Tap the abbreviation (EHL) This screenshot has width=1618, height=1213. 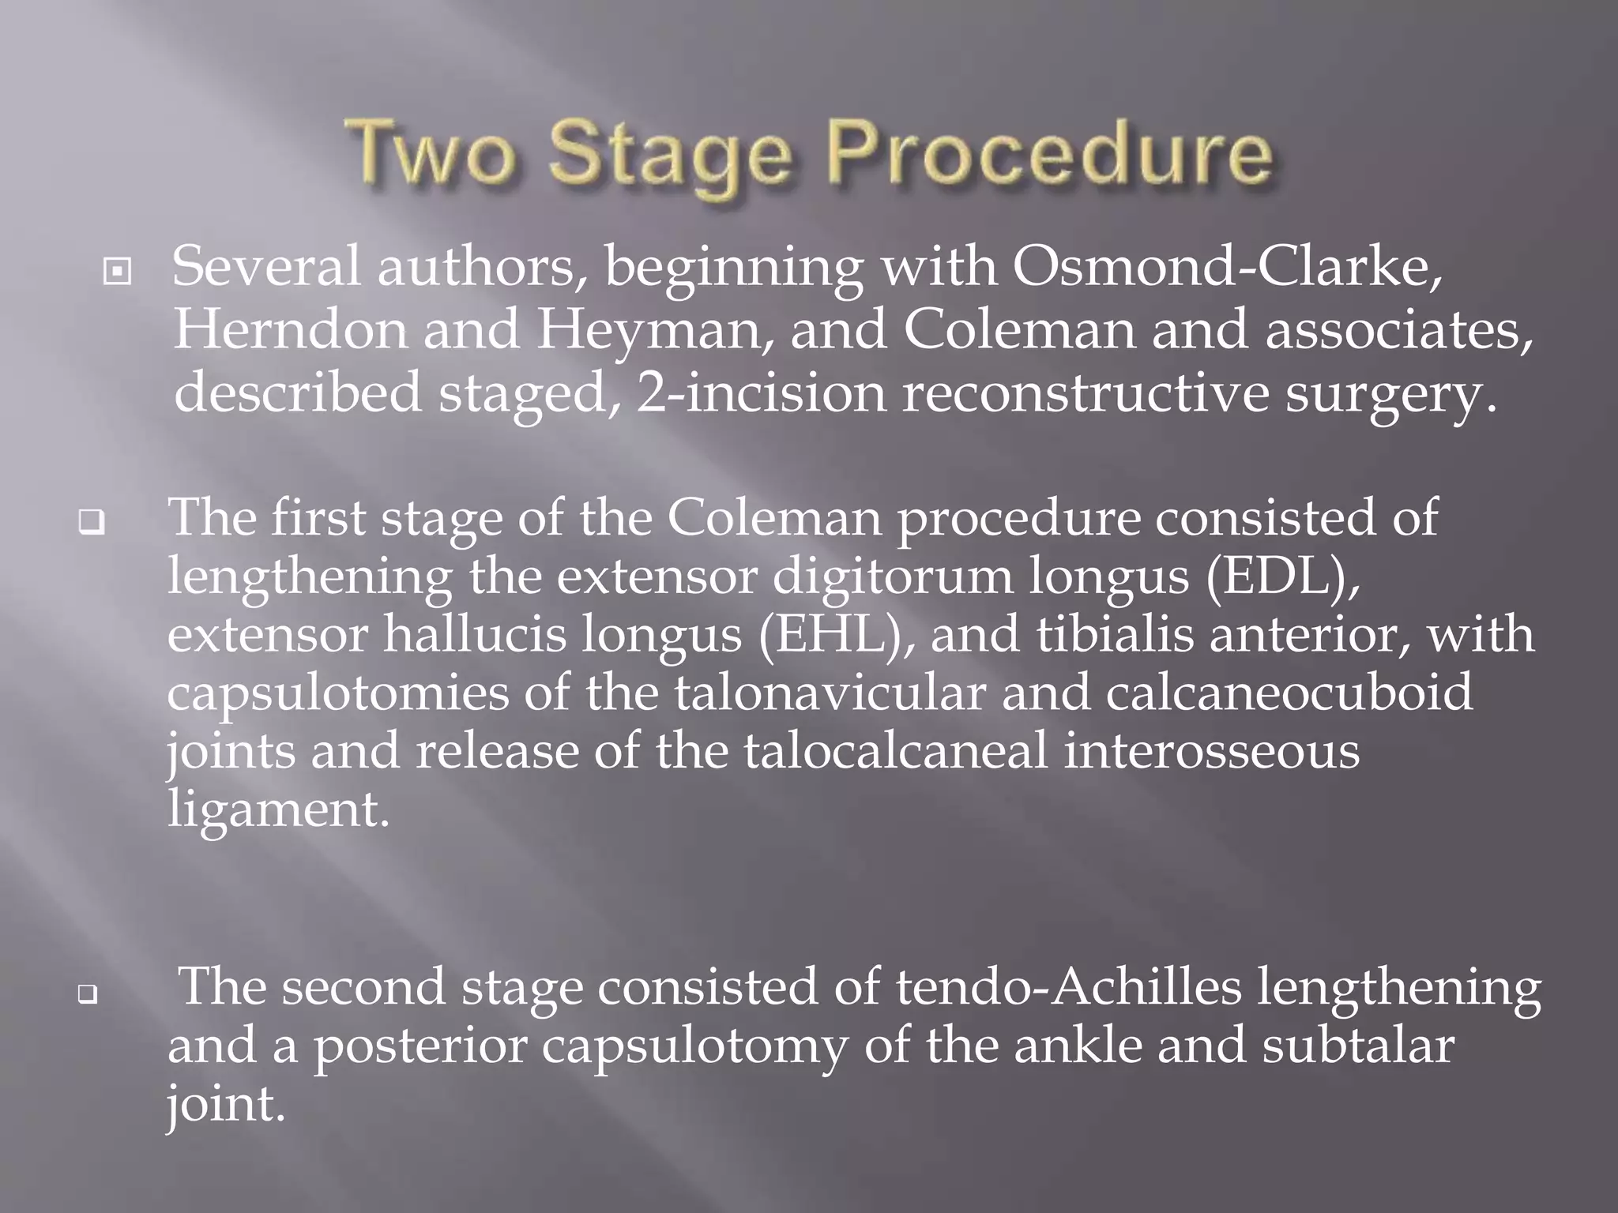[837, 634]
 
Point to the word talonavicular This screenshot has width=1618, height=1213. [830, 693]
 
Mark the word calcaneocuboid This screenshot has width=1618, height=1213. [1289, 693]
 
